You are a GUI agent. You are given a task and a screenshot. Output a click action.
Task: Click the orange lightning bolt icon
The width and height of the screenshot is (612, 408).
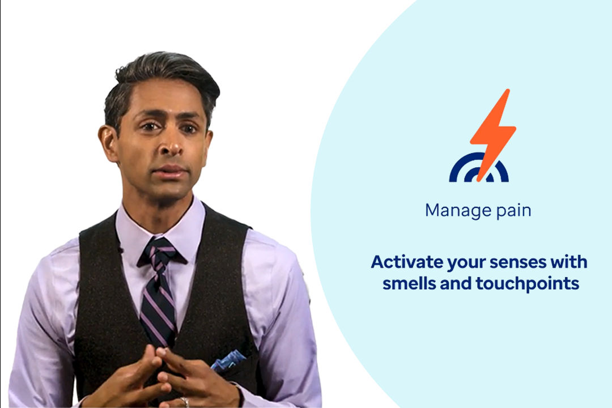(492, 135)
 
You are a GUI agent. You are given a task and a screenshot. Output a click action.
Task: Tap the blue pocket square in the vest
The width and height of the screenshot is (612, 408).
(228, 360)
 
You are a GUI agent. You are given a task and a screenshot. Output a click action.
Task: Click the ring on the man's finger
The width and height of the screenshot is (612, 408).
(185, 401)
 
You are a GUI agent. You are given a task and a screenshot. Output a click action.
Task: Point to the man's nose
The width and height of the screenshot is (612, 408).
(171, 145)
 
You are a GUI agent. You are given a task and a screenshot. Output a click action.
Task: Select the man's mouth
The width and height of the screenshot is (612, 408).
(170, 172)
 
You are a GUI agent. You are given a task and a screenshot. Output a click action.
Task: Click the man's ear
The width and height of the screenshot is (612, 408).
(108, 144)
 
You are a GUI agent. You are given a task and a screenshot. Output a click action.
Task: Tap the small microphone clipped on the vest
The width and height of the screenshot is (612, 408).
(120, 249)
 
